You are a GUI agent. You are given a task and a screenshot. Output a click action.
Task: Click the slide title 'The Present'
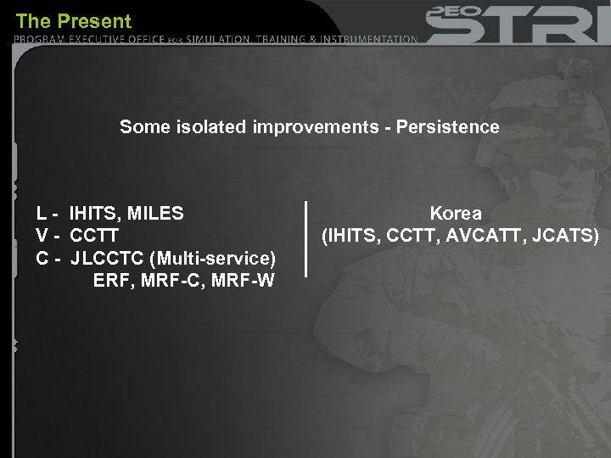(74, 20)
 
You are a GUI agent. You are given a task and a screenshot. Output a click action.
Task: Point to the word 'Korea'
(456, 213)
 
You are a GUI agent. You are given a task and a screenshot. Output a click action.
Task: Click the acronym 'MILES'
(155, 213)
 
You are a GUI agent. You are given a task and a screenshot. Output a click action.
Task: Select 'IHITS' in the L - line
(95, 213)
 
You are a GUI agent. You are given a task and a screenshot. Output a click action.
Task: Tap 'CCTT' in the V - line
(94, 235)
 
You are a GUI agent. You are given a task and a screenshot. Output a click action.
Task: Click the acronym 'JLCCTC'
(108, 257)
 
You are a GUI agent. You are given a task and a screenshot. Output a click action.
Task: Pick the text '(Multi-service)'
(213, 257)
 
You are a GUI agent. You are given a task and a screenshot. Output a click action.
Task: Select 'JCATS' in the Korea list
(569, 235)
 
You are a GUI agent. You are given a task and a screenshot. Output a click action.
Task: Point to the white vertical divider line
(305, 238)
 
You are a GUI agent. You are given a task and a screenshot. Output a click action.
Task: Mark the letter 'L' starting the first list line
(42, 213)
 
